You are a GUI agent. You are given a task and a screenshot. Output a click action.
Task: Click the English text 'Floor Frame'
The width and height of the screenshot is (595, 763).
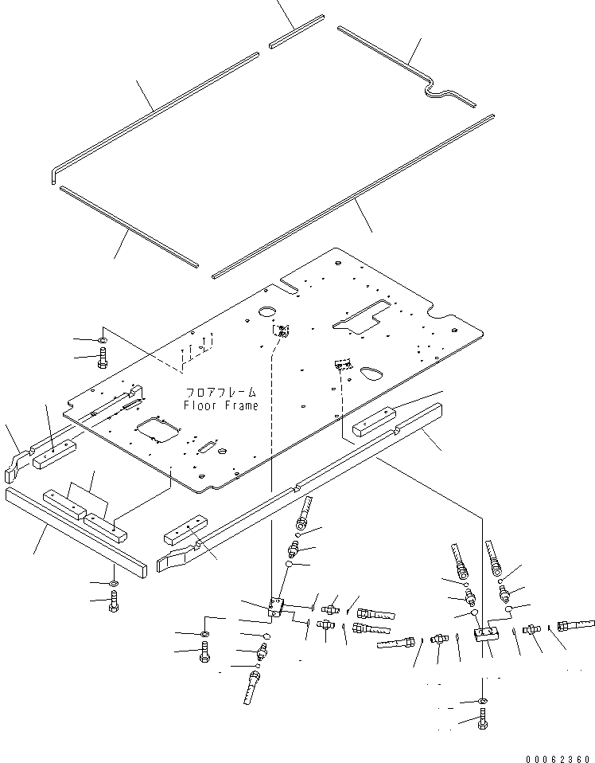click(x=221, y=405)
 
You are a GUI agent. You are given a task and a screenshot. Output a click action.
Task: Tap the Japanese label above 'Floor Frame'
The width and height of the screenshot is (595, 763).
click(x=222, y=393)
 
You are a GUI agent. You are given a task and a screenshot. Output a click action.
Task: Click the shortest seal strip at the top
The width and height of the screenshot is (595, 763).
click(x=297, y=30)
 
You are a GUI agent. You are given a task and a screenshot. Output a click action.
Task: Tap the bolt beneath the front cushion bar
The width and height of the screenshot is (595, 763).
click(x=113, y=605)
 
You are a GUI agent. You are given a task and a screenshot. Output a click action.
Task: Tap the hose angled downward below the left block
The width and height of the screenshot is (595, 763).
click(x=252, y=687)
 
